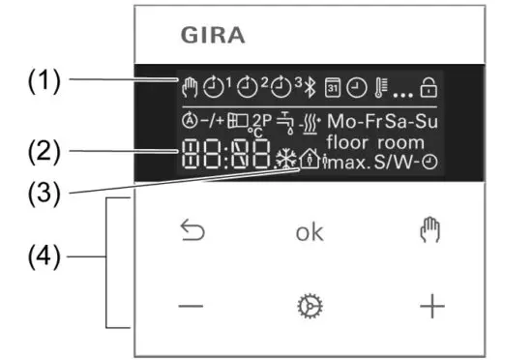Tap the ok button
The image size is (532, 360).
click(310, 233)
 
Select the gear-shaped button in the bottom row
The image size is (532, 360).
click(310, 307)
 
